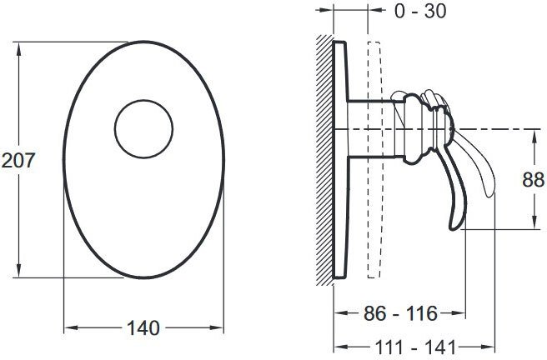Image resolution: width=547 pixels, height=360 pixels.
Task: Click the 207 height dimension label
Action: pos(18,160)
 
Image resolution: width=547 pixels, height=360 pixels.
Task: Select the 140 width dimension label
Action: pos(143,328)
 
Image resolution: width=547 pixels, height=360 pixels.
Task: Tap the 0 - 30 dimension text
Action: pos(420,11)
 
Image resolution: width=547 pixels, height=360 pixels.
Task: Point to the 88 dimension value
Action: pos(533,180)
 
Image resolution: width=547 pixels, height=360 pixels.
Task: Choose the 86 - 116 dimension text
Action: pos(400,313)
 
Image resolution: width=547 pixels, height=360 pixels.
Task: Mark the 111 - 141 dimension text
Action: pos(415,347)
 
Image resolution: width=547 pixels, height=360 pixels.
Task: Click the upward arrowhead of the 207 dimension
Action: pos(19,49)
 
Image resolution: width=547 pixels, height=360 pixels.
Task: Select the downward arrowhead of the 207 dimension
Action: pos(19,271)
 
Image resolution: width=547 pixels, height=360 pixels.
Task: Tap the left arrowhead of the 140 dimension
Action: pos(71,328)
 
